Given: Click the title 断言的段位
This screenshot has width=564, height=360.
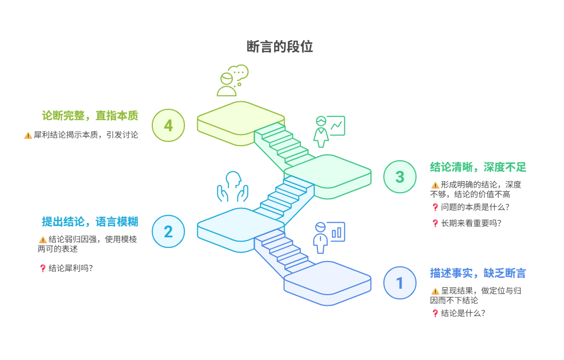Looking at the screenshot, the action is (279, 47).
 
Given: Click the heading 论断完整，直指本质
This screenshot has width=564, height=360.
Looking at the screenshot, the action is (90, 116).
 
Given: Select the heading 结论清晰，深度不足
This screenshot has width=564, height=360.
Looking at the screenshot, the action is (478, 167).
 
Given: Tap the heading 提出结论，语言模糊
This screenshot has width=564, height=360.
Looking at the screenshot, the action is (90, 222).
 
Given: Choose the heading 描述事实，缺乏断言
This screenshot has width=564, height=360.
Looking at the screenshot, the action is (478, 273).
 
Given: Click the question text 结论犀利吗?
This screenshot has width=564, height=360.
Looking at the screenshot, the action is (71, 268).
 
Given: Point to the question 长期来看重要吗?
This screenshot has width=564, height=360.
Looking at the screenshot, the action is (471, 223).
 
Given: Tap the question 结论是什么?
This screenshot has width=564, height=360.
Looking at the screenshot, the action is (463, 313).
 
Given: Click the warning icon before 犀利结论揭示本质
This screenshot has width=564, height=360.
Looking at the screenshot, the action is (28, 136).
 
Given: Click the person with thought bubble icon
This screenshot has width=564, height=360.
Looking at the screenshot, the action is (232, 80).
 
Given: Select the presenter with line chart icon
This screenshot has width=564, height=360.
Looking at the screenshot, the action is (329, 131).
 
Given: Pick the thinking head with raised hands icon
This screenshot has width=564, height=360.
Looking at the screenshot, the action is (233, 186).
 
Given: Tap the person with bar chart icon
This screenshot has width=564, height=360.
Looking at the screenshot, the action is (329, 238).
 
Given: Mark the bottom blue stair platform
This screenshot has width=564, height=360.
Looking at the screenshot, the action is (328, 283).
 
